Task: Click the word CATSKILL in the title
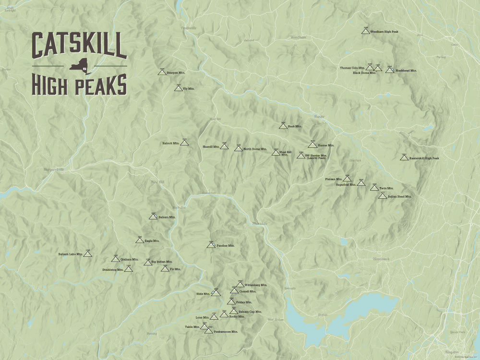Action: click(79, 46)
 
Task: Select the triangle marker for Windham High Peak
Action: click(365, 31)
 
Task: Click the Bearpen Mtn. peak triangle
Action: click(162, 72)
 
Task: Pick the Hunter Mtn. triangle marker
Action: click(312, 144)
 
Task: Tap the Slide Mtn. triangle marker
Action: click(216, 292)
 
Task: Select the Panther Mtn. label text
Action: click(226, 245)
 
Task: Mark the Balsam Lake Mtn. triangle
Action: click(87, 253)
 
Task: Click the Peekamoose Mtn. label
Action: click(225, 332)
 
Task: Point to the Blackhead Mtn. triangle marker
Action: click(390, 70)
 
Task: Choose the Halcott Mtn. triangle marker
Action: click(184, 143)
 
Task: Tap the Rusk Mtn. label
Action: click(295, 126)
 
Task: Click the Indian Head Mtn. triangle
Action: click(383, 196)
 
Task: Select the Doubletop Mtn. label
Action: click(113, 270)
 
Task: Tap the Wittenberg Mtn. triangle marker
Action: click(240, 285)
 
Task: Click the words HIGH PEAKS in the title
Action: click(79, 85)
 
